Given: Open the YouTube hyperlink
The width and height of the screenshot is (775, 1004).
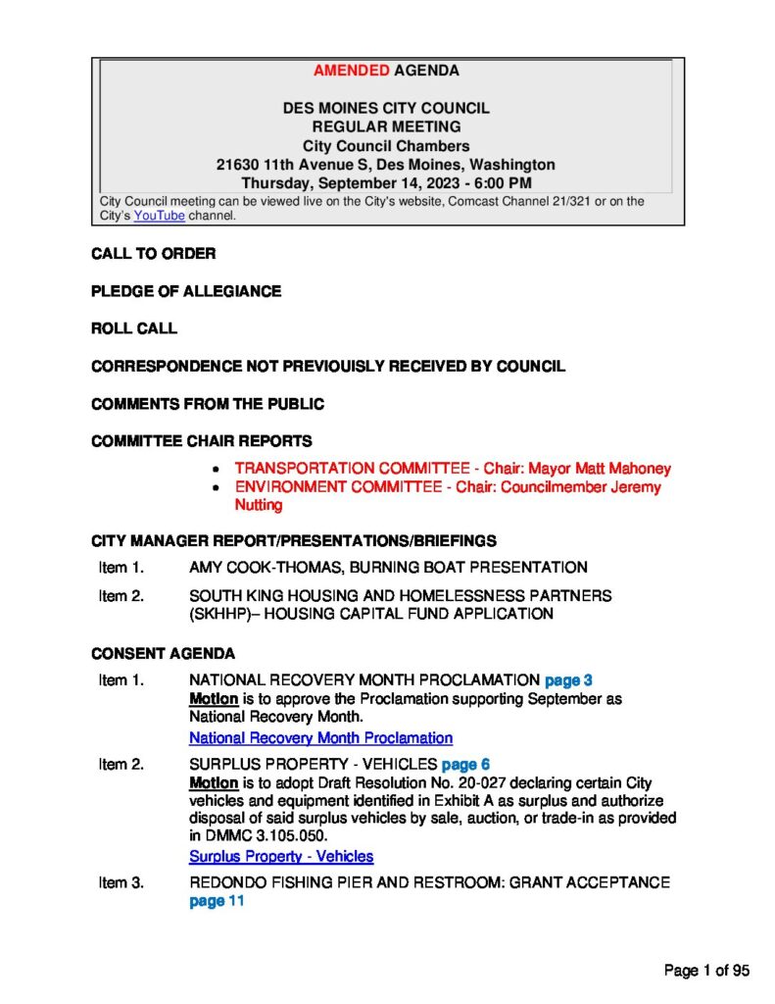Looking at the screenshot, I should pyautogui.click(x=159, y=216).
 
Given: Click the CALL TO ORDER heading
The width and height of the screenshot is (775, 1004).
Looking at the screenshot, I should pyautogui.click(x=153, y=254).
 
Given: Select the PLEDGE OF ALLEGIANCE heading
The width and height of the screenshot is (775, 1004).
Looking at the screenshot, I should pyautogui.click(x=186, y=291).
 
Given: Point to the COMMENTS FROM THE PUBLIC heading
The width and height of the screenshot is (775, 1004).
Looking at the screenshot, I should pyautogui.click(x=208, y=404).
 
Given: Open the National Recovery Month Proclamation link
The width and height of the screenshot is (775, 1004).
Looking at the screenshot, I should pyautogui.click(x=320, y=737).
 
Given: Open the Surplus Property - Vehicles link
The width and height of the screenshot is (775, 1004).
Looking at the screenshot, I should pyautogui.click(x=281, y=856).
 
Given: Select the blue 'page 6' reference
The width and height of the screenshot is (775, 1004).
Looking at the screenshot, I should pyautogui.click(x=466, y=764).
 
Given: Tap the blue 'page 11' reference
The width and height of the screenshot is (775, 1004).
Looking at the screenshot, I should pyautogui.click(x=216, y=902).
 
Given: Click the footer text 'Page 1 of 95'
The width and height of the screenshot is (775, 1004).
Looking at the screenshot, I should pyautogui.click(x=706, y=971).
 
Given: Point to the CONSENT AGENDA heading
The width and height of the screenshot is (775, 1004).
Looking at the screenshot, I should pyautogui.click(x=163, y=653).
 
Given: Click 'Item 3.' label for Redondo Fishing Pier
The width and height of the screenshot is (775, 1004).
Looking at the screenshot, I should pyautogui.click(x=121, y=883).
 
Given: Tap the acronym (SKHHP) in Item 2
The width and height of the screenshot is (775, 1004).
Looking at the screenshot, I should pyautogui.click(x=221, y=615).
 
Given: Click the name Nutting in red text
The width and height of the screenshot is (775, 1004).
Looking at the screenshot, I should pyautogui.click(x=259, y=506).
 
